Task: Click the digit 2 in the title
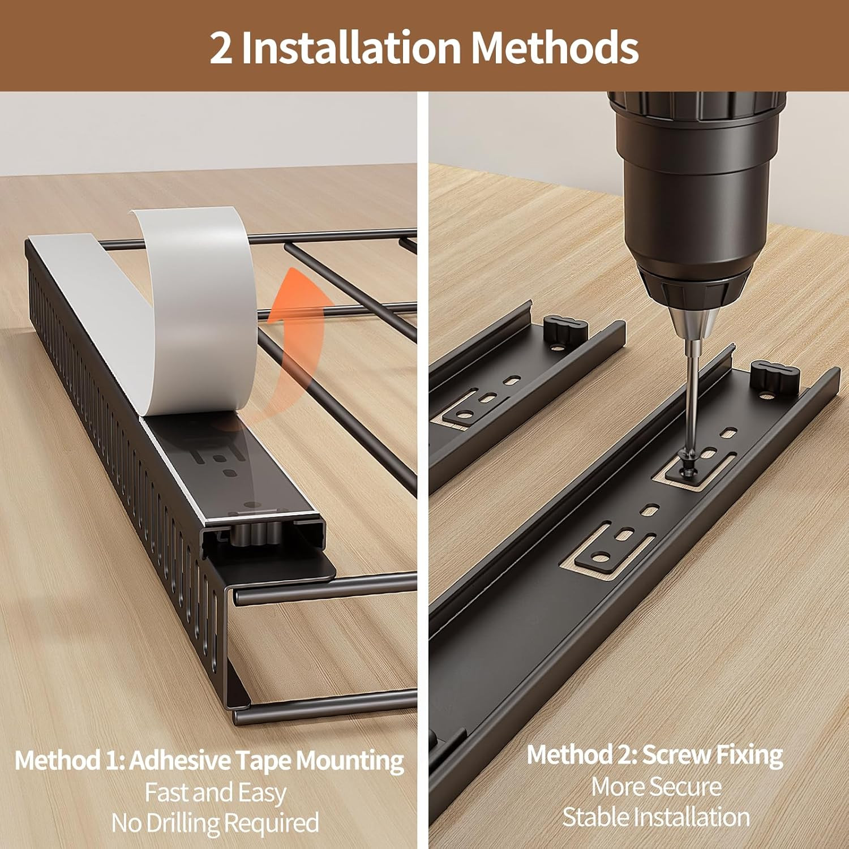[221, 48]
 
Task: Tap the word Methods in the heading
[555, 48]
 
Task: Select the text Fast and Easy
[215, 792]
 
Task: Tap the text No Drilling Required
[215, 822]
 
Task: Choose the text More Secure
[657, 786]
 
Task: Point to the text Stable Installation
[657, 817]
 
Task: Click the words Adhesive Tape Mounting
[267, 760]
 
